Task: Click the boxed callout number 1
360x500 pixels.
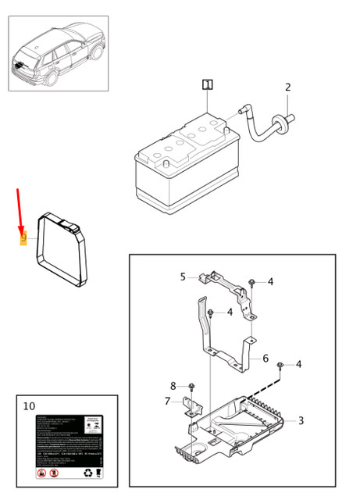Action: [207, 84]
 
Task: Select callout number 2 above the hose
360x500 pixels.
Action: [287, 87]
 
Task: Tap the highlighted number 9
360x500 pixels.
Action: [23, 236]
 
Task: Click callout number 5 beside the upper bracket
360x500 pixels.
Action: [183, 277]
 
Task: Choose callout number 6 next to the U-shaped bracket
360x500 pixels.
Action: [266, 359]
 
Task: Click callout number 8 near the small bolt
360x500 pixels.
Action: [173, 386]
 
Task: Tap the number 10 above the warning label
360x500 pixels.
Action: [30, 406]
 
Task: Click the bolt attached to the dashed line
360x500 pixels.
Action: [280, 366]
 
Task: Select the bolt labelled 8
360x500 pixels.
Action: [191, 387]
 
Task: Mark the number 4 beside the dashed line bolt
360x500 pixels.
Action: [298, 364]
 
